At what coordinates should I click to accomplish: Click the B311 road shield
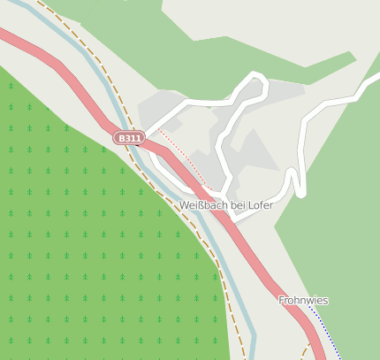coord(129,138)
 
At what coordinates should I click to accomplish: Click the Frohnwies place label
coord(303,301)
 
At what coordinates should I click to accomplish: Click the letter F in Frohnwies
coord(282,301)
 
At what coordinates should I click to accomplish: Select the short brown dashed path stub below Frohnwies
coord(307,352)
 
